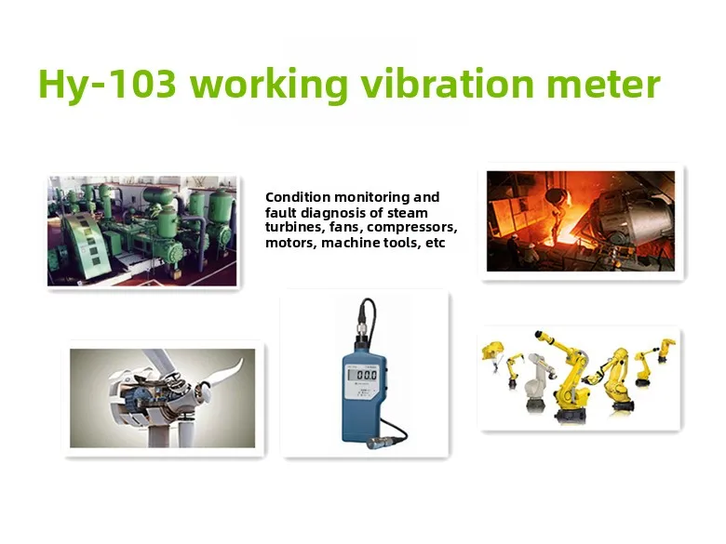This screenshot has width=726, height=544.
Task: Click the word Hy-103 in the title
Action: [107, 85]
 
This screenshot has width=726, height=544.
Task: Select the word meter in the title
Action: [603, 85]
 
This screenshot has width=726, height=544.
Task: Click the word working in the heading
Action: [269, 86]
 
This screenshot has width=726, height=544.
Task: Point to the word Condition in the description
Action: [298, 197]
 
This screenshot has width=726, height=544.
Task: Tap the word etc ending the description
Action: [435, 243]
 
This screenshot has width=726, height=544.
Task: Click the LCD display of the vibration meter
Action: [363, 374]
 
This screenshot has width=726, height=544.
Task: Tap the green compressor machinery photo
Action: [142, 231]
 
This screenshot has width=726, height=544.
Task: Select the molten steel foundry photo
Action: [581, 221]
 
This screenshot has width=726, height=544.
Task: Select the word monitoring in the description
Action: [372, 197]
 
